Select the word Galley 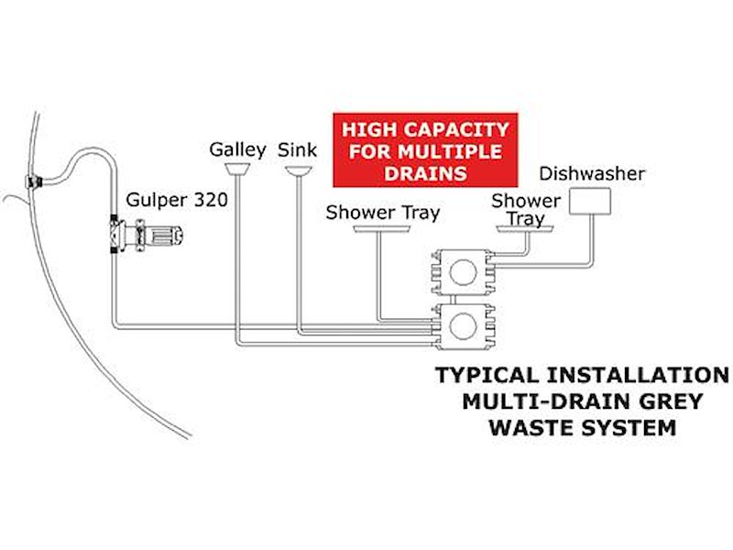click(x=237, y=149)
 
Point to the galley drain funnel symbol click(x=237, y=170)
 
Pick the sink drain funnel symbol click(x=298, y=170)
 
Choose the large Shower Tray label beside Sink click(x=383, y=213)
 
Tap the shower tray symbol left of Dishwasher click(x=525, y=230)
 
